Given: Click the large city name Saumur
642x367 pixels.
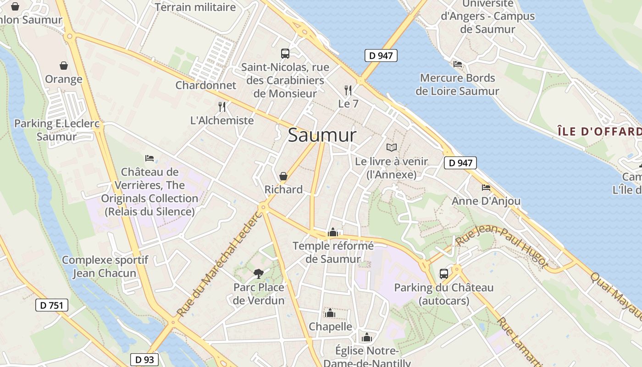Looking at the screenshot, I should pos(322,135).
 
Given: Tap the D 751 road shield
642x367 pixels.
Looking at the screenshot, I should pos(52,305).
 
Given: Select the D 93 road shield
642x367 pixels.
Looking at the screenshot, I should pos(145,360).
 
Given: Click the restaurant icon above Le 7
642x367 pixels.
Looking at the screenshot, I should pos(348,90).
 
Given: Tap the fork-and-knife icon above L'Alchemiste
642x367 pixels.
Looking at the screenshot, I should pos(222,107).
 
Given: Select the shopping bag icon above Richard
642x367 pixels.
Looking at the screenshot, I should pos(283,176).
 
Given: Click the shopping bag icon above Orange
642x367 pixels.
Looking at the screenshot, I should pos(63,66).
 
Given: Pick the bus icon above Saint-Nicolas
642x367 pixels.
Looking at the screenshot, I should pos(285,54).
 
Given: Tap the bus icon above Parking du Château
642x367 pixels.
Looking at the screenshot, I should pos(444,274).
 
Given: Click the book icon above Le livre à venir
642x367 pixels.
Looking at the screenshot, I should pos(391,147).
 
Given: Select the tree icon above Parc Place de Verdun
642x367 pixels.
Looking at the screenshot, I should pos(259,274).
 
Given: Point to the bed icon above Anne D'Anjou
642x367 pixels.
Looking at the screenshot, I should pos(486,188).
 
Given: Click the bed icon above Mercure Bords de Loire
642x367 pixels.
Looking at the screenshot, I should pos(457,64).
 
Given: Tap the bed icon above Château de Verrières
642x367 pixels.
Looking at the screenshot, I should pos(149,158).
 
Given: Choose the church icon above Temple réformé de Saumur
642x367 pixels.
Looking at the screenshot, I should pos(333,233).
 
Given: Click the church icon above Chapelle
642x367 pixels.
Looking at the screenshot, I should pos(330,313).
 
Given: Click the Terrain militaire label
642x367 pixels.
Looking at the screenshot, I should pos(195,7).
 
